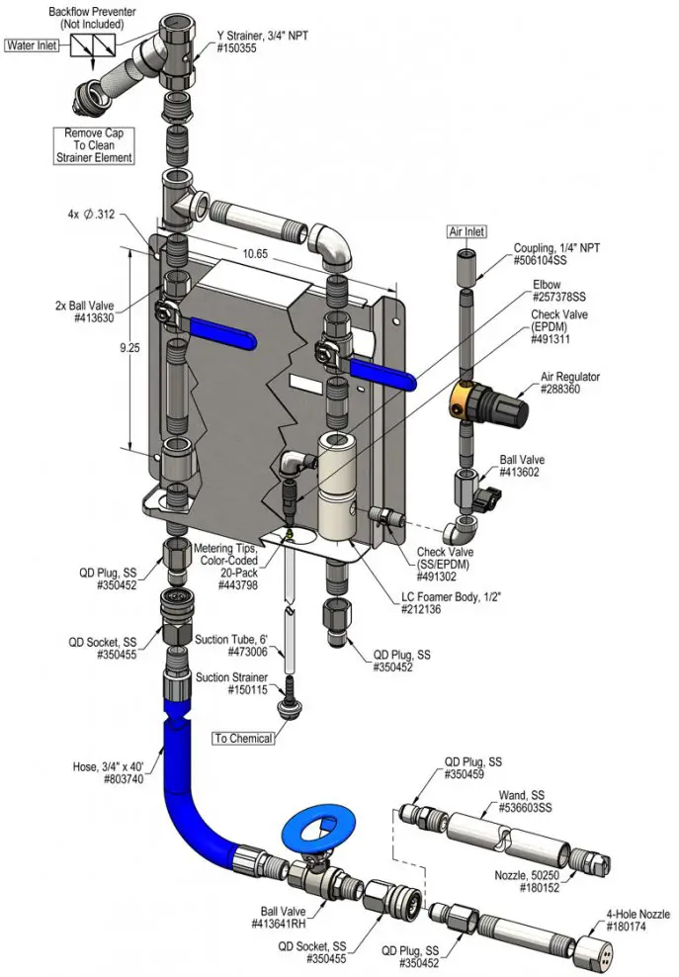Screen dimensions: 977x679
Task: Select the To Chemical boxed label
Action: click(x=244, y=738)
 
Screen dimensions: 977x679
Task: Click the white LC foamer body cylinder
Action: click(x=341, y=485)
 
